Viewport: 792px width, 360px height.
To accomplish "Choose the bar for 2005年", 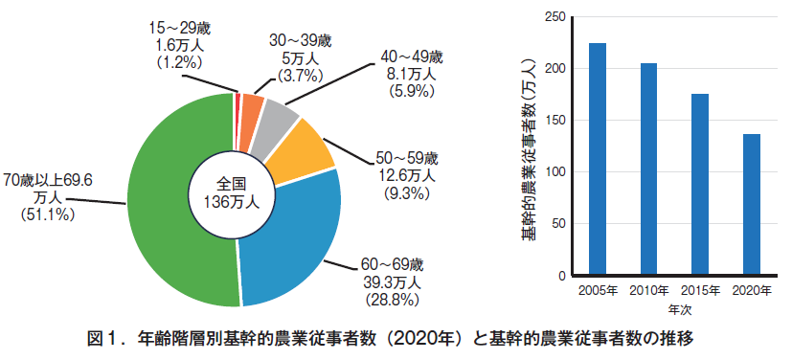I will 598,159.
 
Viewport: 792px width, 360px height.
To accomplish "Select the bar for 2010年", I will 649,169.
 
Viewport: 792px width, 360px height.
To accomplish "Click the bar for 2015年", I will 700,185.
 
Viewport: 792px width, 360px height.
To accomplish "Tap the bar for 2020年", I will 752,205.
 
